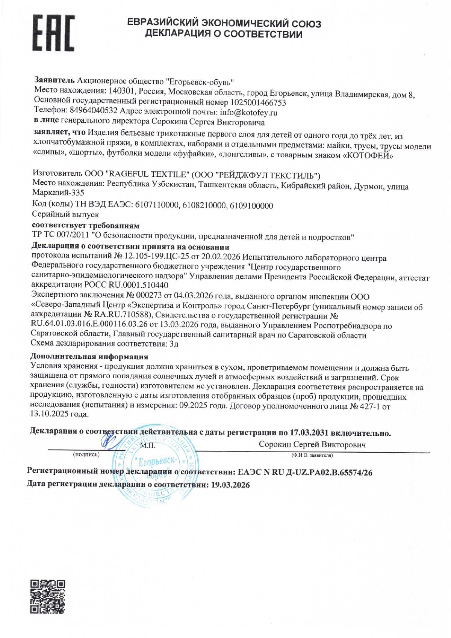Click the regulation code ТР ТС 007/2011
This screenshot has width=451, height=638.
(x=61, y=237)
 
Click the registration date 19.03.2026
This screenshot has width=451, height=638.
(x=230, y=485)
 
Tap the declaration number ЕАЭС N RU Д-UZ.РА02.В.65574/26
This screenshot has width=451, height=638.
(x=303, y=472)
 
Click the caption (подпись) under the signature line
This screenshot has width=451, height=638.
(x=86, y=454)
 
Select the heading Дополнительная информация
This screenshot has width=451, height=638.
(x=89, y=357)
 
